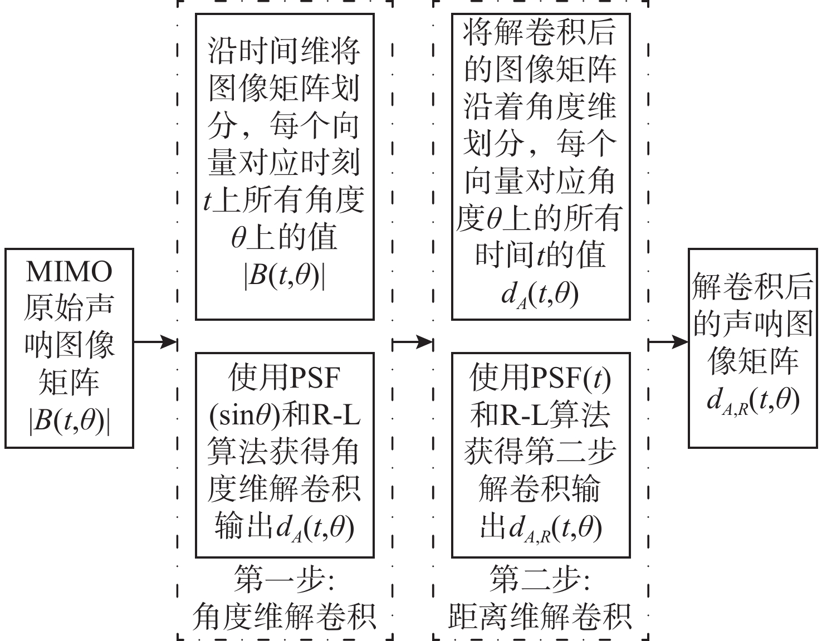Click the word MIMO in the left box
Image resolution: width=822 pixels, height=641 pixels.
tap(69, 272)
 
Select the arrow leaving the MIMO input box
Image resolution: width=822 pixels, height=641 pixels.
tap(155, 342)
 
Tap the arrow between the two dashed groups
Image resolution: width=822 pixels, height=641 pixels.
tap(413, 342)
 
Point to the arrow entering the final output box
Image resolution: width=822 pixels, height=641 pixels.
tap(668, 342)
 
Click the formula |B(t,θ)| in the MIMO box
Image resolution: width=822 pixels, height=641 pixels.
tap(69, 420)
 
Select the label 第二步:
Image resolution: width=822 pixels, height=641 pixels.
tap(540, 580)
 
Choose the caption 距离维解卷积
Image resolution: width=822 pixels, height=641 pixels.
tap(540, 616)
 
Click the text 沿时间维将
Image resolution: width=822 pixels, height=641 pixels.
tap(284, 51)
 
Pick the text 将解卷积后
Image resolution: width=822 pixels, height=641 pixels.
tap(540, 32)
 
